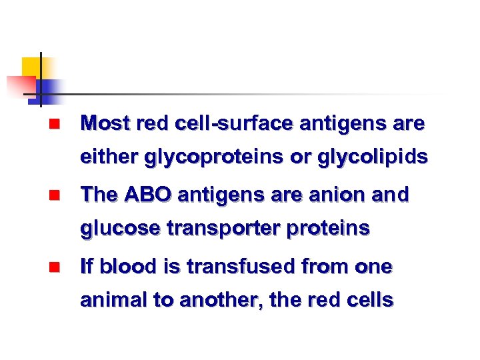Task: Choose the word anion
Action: [x=337, y=195]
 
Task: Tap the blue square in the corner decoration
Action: [x=49, y=89]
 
